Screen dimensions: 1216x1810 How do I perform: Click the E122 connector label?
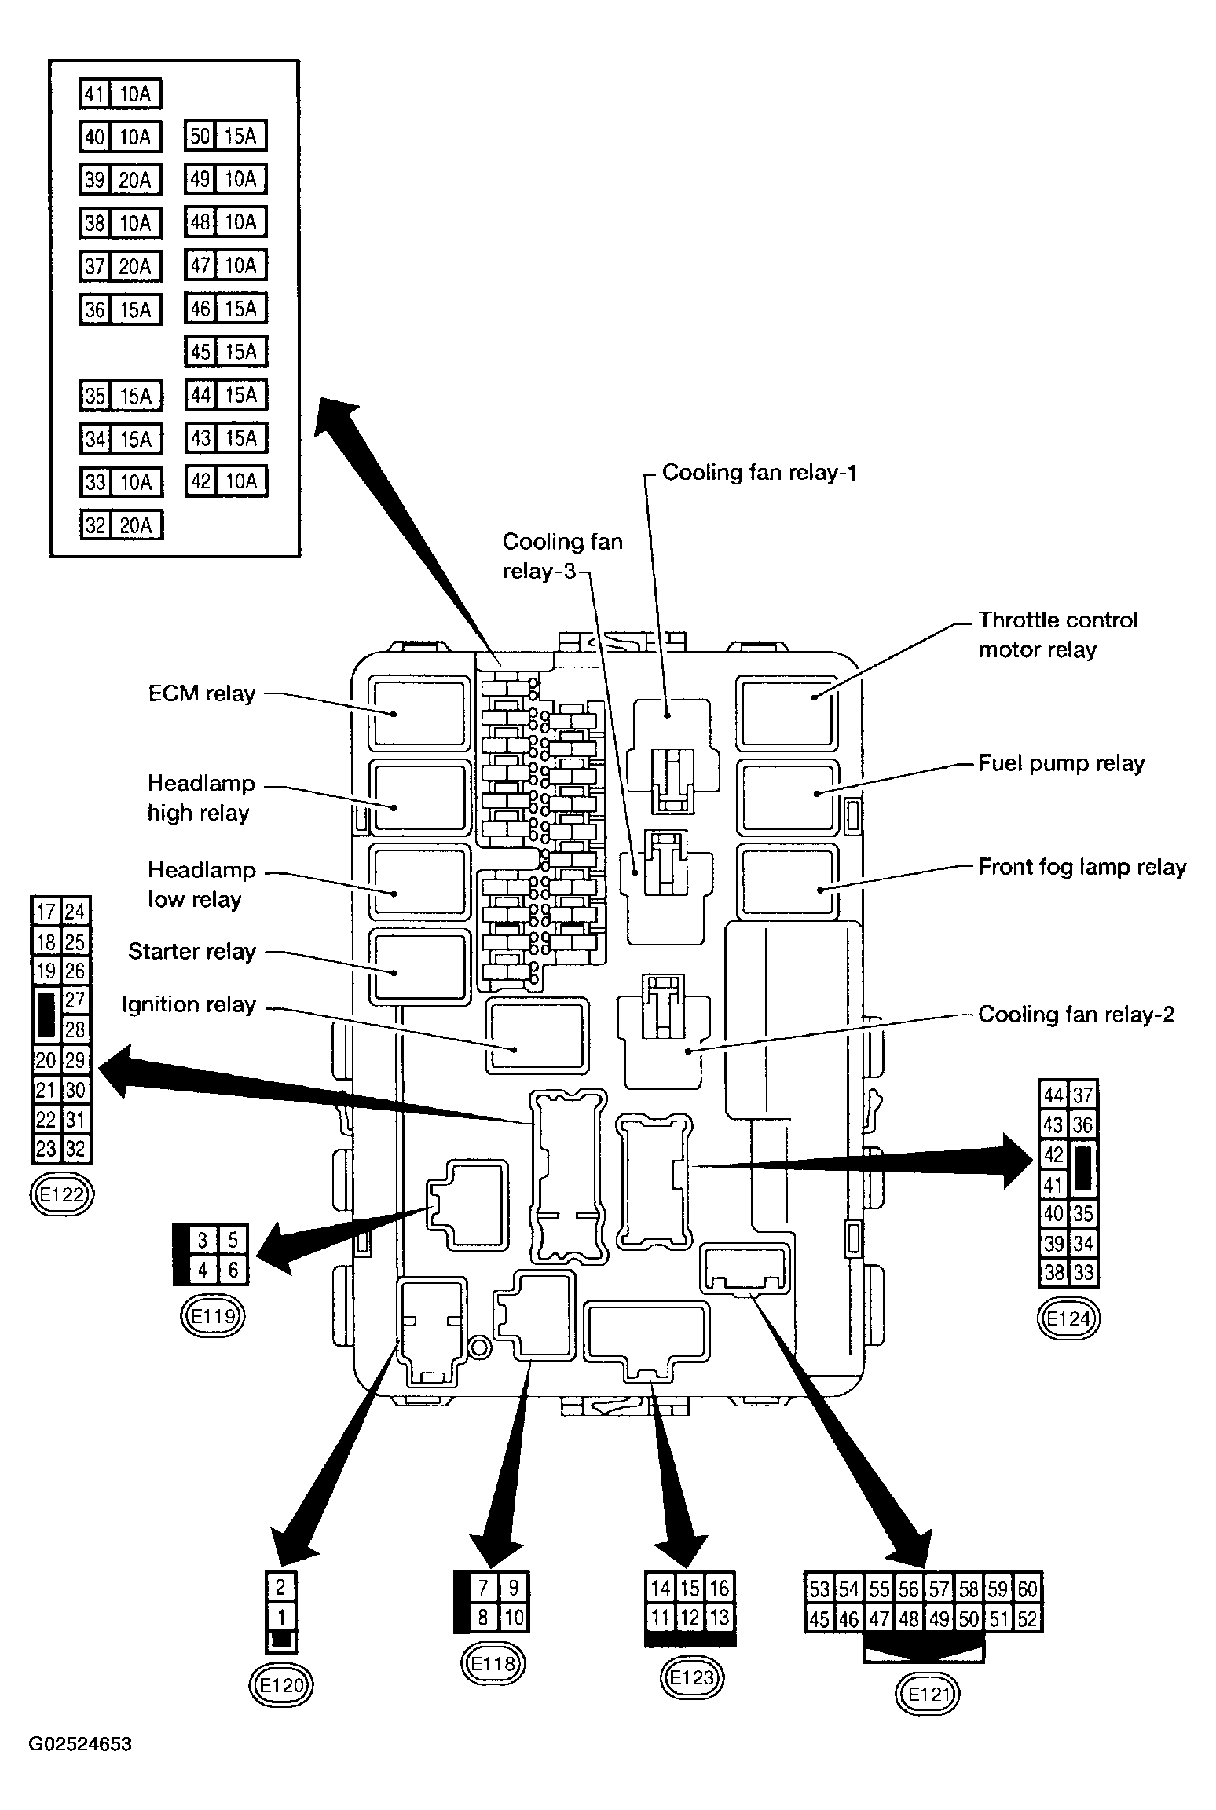pos(60,1195)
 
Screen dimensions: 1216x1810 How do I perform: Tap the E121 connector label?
pos(928,1695)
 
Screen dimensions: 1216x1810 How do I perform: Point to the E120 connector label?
pos(281,1684)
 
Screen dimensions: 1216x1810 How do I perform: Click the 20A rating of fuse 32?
pos(135,525)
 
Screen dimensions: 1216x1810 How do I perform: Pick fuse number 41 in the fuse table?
pos(94,94)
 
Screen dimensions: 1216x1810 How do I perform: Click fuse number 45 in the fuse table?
pos(201,352)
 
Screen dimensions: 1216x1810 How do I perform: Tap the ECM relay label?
pos(202,693)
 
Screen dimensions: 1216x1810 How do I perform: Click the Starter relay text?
pos(192,952)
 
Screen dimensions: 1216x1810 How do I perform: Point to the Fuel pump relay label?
pos(1061,763)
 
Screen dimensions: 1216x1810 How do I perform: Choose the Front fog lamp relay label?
pos(1082,867)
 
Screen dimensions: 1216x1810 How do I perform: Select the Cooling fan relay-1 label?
pos(759,472)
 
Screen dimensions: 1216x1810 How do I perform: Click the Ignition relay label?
pos(189,1005)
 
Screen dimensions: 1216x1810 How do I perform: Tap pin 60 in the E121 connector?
pos(1027,1589)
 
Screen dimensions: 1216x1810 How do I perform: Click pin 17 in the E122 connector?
pos(46,912)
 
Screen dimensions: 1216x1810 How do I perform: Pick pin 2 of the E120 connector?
pos(280,1588)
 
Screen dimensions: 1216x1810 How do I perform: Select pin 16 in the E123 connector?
pos(720,1588)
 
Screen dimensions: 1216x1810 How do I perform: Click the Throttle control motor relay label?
pos(1057,634)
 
